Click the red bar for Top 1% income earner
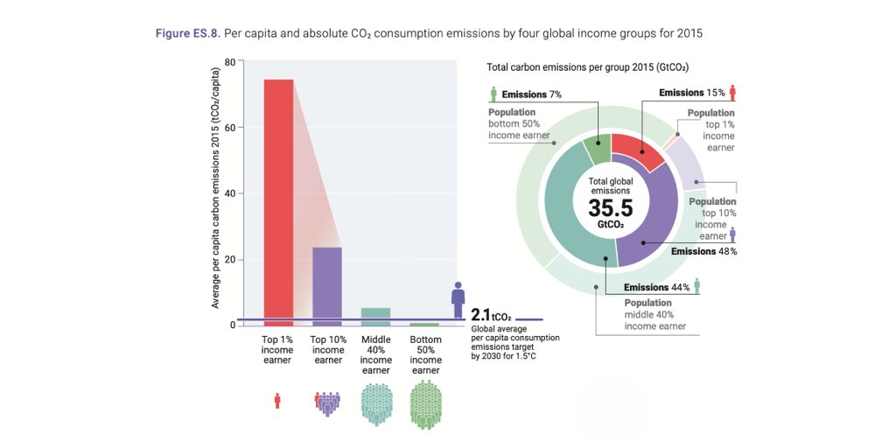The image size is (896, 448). coord(278,201)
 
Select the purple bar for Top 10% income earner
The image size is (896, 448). coord(327,285)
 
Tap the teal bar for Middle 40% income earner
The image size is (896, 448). coord(376,316)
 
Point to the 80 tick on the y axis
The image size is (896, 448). coord(229,61)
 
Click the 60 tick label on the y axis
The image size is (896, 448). coord(229,128)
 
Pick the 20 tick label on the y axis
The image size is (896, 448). coord(229,260)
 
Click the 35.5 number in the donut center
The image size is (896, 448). coord(611,209)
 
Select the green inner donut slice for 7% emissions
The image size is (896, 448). coord(597,149)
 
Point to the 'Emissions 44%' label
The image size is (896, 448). coord(656,287)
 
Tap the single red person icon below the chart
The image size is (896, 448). coord(278,401)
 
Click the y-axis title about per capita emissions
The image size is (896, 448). coord(215,192)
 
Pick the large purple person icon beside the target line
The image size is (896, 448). coord(458,299)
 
